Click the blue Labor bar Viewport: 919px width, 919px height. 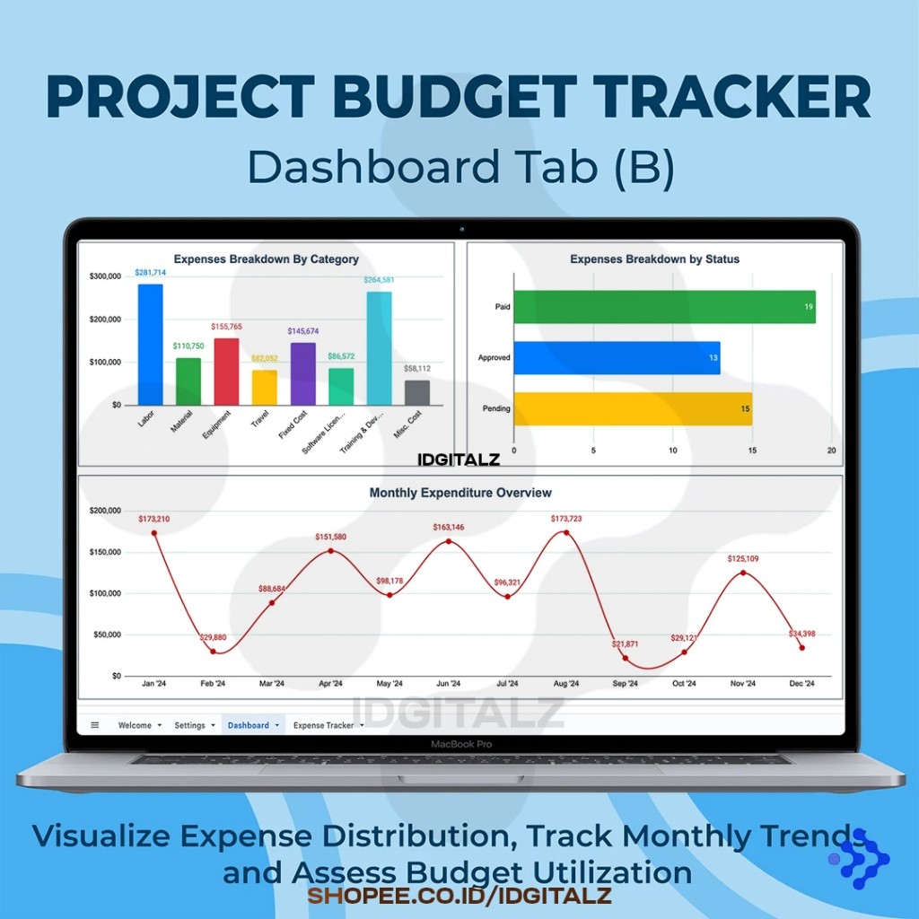pos(151,345)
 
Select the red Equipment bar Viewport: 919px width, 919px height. pos(226,372)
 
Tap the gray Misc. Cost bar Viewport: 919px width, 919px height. pos(417,393)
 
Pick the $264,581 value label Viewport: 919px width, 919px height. pos(379,280)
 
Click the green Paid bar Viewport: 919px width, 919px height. pos(665,307)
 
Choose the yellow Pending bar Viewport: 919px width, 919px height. pos(633,408)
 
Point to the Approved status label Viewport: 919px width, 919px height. pos(495,357)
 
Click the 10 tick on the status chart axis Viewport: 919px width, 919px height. pos(673,451)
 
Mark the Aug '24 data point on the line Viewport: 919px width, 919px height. pos(566,533)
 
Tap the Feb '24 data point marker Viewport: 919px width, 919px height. pos(213,652)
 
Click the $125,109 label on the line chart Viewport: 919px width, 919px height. pos(743,558)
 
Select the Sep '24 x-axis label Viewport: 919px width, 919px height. pos(625,683)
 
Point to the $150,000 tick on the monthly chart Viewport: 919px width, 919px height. pos(105,552)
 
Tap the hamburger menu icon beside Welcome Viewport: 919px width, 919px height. pos(95,725)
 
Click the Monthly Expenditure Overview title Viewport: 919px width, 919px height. pos(460,493)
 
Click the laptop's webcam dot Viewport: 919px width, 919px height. pos(462,229)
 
